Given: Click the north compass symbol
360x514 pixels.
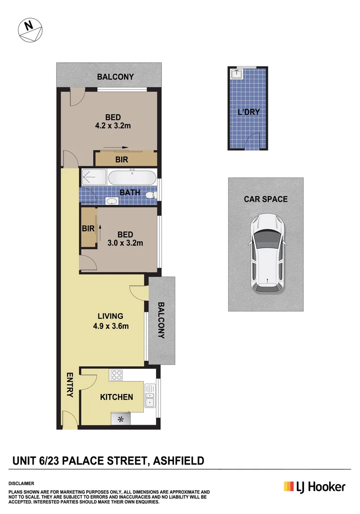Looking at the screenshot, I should pyautogui.click(x=30, y=30).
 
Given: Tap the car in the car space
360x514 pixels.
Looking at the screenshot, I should pyautogui.click(x=266, y=254).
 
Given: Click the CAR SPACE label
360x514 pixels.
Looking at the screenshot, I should pyautogui.click(x=266, y=199).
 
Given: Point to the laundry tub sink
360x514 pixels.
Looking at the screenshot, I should pyautogui.click(x=236, y=74).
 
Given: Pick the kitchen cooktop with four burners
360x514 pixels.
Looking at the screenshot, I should pyautogui.click(x=117, y=375).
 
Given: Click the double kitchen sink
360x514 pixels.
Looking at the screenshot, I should pyautogui.click(x=150, y=399).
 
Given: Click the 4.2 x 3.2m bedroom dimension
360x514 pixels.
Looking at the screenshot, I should pyautogui.click(x=113, y=126).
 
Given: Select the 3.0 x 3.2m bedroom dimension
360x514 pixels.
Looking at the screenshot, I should pyautogui.click(x=126, y=242).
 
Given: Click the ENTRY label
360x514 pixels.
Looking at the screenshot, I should pyautogui.click(x=70, y=385).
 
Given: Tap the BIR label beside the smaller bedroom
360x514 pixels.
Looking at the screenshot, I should pyautogui.click(x=88, y=228).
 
